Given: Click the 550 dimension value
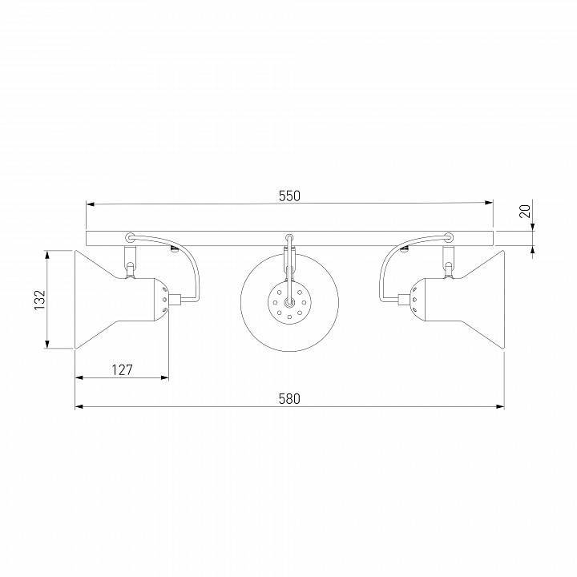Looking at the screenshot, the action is (289, 196).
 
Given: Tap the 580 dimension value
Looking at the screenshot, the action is (289, 399).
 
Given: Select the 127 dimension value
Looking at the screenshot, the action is (122, 369).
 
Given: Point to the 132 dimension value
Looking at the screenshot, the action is (40, 300).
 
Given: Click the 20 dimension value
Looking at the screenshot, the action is (525, 212).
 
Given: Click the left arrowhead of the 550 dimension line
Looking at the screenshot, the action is (91, 204).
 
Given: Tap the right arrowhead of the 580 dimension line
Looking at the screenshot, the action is (500, 406).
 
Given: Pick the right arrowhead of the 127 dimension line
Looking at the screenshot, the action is (164, 377).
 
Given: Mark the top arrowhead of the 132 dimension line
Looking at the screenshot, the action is (46, 255).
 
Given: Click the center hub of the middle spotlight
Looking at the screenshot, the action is (289, 302).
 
